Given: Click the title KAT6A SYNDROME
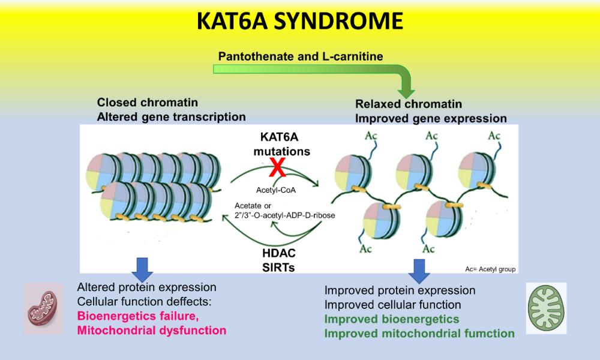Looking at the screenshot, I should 300,22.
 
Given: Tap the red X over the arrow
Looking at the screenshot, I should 277,169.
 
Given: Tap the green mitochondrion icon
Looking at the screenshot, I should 546,307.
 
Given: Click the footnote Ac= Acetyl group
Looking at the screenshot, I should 490,269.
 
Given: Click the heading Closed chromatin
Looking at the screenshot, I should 148,103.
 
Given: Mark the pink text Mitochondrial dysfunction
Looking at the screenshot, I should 151,330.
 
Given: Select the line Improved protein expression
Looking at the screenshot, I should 400,290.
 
